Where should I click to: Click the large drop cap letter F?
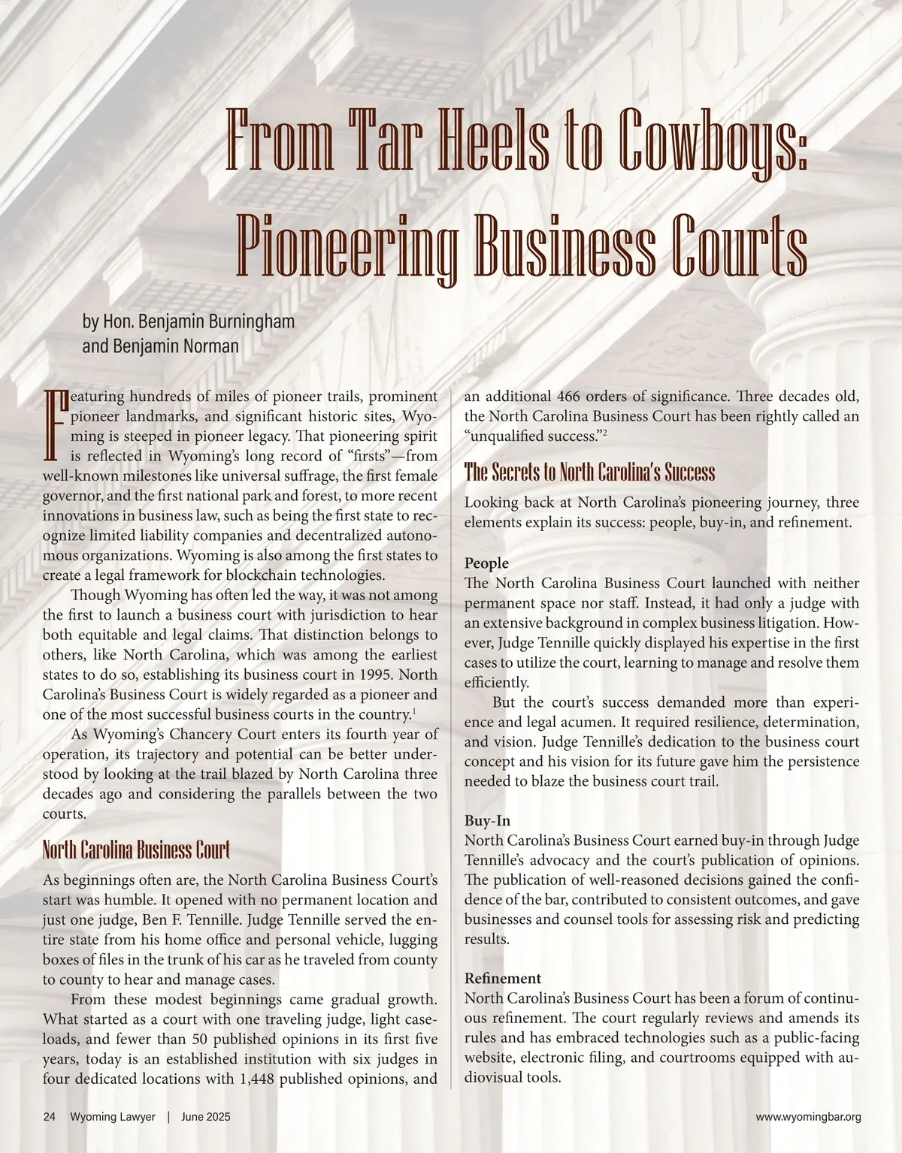tap(56, 425)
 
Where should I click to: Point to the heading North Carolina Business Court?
tap(136, 850)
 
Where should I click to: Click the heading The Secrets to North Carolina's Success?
tap(589, 472)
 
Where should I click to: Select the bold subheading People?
tap(486, 563)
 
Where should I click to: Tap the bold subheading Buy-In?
tap(487, 821)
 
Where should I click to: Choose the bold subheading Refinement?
tap(502, 979)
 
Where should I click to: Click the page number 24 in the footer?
tap(50, 1117)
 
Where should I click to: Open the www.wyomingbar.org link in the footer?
tap(808, 1117)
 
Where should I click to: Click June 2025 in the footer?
tap(205, 1117)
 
